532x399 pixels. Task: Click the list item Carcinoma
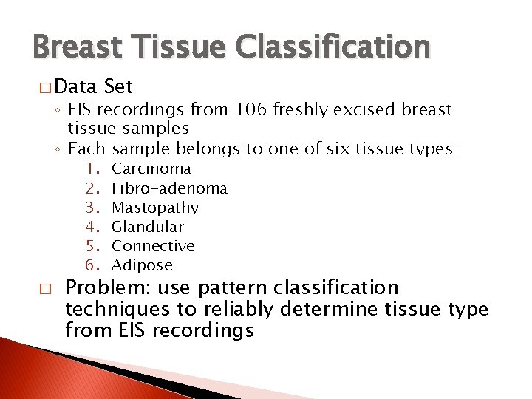(151, 168)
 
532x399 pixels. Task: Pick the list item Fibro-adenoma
(169, 188)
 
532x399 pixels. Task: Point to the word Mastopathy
(155, 208)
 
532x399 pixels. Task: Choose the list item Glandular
(147, 227)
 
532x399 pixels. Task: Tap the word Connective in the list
(153, 246)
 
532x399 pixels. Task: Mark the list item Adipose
(142, 265)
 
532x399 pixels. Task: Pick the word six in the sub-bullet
(337, 149)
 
